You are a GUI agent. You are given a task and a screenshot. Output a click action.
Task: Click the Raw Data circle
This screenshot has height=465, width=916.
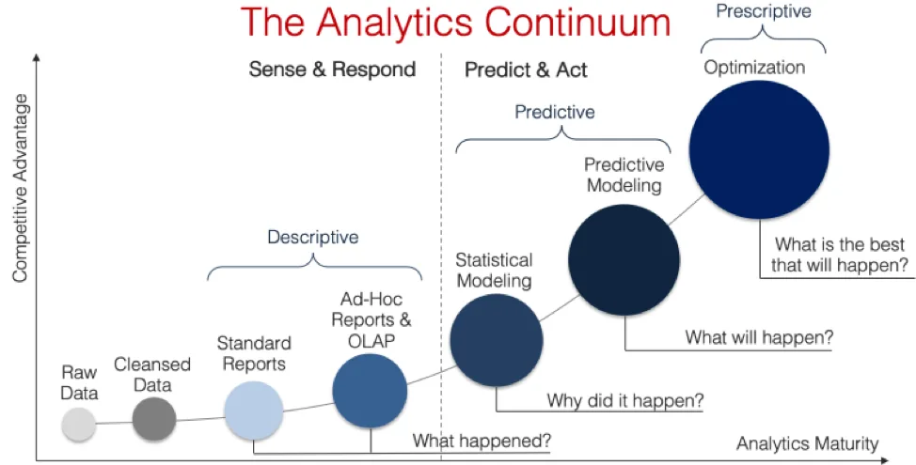click(x=79, y=425)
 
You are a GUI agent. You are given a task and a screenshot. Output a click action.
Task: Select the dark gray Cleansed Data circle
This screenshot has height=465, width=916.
click(x=154, y=419)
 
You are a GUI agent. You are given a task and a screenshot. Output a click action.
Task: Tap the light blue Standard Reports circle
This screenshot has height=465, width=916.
click(x=254, y=411)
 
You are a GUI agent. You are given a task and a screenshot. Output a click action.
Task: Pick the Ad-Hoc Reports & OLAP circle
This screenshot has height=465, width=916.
click(x=370, y=391)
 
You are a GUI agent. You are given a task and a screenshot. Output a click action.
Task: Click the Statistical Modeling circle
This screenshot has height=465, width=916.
click(x=497, y=340)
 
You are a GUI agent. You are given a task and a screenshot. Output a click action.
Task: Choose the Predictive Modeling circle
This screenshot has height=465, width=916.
click(x=624, y=260)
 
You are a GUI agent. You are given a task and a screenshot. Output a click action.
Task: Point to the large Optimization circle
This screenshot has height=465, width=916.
click(x=760, y=149)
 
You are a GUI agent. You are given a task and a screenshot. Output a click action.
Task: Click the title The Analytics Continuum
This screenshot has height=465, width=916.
click(x=455, y=23)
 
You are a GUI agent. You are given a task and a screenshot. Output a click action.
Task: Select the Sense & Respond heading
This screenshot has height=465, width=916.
click(x=332, y=70)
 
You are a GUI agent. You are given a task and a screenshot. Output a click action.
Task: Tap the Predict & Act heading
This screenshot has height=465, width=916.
click(x=526, y=70)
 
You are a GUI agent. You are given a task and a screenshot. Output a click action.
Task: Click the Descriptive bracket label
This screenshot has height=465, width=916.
click(x=313, y=237)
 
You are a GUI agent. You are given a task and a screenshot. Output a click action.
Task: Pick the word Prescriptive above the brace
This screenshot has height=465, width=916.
click(x=764, y=11)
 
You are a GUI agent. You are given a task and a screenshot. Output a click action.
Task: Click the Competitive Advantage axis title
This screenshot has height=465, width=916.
click(x=21, y=189)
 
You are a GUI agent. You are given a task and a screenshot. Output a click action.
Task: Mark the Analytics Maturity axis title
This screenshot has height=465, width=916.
click(x=807, y=444)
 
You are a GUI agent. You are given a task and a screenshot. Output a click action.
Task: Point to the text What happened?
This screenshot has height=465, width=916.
click(x=482, y=441)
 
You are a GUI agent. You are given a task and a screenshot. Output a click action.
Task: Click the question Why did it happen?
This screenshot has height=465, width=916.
click(x=625, y=401)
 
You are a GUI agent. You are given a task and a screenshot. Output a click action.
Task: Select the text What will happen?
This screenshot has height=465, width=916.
click(x=760, y=337)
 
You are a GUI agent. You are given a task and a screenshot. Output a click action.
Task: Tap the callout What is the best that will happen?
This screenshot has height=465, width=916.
click(x=840, y=255)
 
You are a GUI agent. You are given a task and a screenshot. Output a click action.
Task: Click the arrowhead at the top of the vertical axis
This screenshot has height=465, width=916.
click(x=37, y=56)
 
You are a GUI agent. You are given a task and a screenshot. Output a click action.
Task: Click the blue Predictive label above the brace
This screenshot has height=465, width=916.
click(x=554, y=112)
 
